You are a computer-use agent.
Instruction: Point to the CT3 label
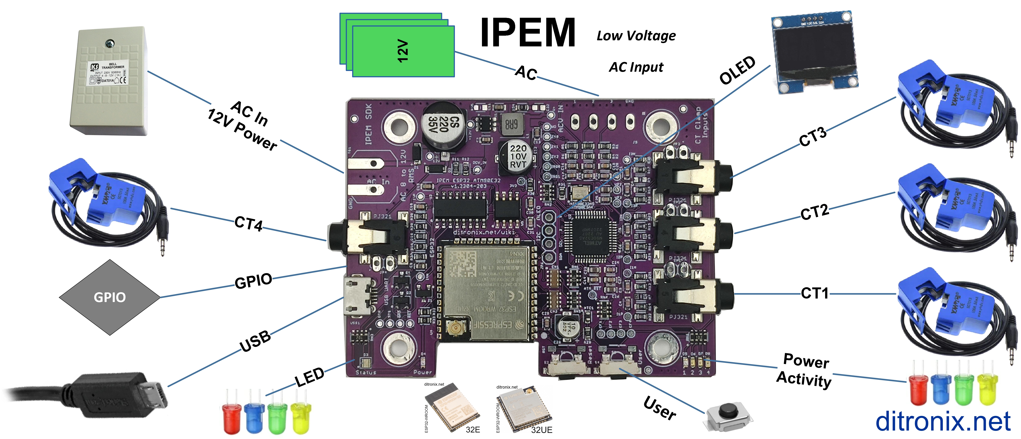(x=813, y=137)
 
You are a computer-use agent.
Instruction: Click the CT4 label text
(x=249, y=223)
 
